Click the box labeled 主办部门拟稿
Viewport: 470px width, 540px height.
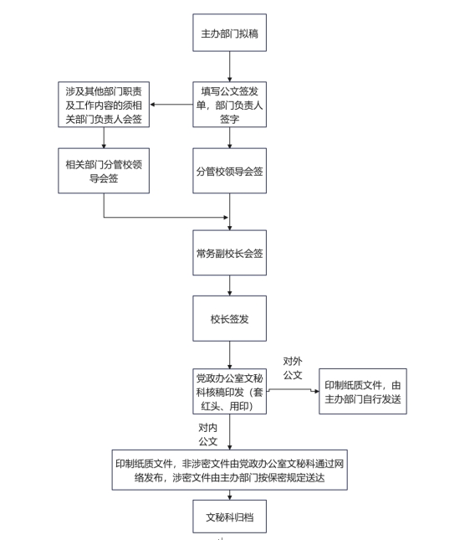tap(229, 33)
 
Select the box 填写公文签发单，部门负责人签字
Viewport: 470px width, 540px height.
tap(229, 105)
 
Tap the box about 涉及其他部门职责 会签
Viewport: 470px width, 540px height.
tap(104, 105)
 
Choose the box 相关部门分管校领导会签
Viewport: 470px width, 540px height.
tap(104, 171)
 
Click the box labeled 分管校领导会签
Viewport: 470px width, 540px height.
tap(229, 171)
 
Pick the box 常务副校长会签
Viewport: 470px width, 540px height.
tap(229, 253)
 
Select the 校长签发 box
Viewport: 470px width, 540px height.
tap(229, 319)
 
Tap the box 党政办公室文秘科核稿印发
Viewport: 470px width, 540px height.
tap(229, 391)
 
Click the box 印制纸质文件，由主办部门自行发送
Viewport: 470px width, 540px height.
tap(363, 391)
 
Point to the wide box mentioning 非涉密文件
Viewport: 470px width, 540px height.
tap(229, 470)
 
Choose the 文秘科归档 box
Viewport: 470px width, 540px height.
tap(229, 517)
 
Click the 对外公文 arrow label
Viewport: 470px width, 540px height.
tap(293, 368)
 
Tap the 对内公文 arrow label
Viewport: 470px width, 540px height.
tap(207, 435)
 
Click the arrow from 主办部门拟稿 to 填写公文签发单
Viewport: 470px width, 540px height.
tap(229, 67)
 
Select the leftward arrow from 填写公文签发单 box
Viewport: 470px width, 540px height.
tap(171, 105)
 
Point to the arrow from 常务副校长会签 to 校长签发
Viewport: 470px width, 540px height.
tap(229, 285)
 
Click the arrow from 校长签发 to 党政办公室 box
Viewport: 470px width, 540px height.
tap(229, 355)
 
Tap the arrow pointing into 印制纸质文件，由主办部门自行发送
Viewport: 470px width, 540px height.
tap(293, 389)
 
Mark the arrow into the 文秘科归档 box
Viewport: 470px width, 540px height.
tap(229, 496)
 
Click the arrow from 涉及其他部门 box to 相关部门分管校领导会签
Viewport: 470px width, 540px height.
tap(104, 138)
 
